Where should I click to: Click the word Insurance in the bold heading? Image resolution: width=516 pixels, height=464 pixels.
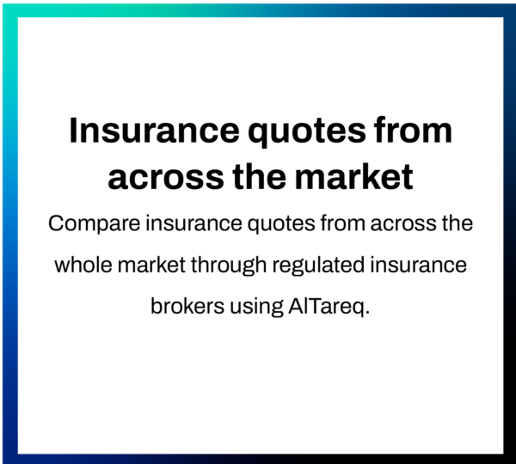tap(154, 131)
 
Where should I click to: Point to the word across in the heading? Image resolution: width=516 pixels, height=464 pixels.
tap(166, 178)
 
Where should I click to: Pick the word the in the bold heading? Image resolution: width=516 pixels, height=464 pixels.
tap(260, 177)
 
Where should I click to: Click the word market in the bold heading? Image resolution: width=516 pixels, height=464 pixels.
tap(353, 177)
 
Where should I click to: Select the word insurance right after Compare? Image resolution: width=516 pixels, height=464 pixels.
tap(193, 223)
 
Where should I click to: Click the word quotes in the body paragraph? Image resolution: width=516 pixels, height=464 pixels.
tap(281, 225)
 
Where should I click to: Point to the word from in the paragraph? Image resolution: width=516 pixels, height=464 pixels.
tap(342, 223)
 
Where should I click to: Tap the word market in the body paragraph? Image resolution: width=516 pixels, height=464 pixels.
tap(151, 265)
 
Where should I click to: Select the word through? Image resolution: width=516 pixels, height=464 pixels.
tap(229, 266)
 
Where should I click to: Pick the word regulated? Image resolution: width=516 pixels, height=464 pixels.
tap(318, 266)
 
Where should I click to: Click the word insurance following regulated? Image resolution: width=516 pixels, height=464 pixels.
tap(418, 265)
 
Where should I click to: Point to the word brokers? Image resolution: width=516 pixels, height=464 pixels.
tap(187, 306)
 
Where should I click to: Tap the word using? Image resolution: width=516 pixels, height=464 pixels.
tap(256, 308)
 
